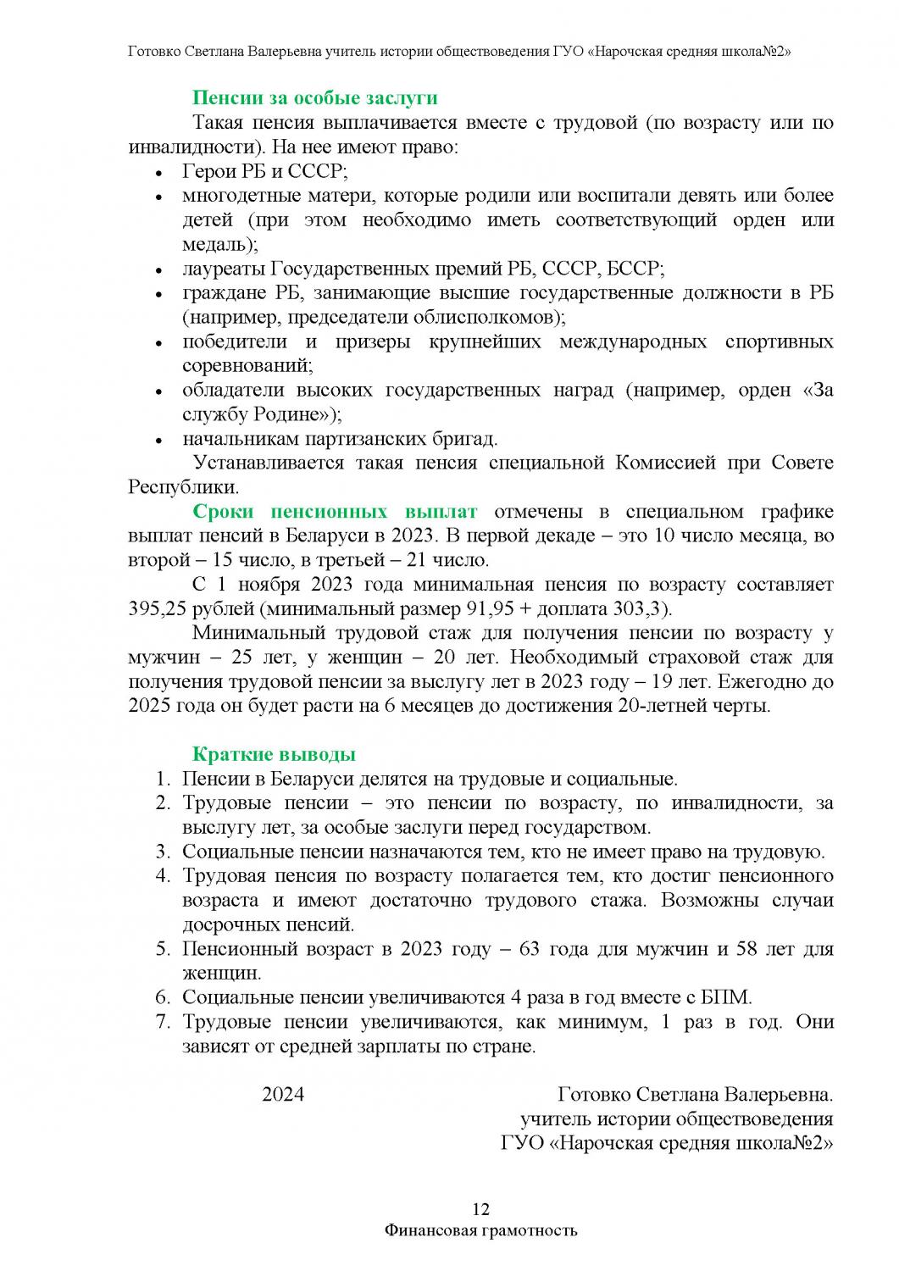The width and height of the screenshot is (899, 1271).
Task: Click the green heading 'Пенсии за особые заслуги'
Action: click(315, 97)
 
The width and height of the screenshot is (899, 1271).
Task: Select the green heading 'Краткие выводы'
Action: click(274, 755)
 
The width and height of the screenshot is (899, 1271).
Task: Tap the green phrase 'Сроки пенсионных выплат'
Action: click(335, 512)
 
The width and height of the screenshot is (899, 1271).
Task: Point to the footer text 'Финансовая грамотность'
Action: click(480, 1230)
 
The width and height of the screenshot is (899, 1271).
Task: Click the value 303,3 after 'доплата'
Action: click(643, 609)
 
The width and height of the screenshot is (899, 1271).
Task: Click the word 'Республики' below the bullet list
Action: click(182, 488)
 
